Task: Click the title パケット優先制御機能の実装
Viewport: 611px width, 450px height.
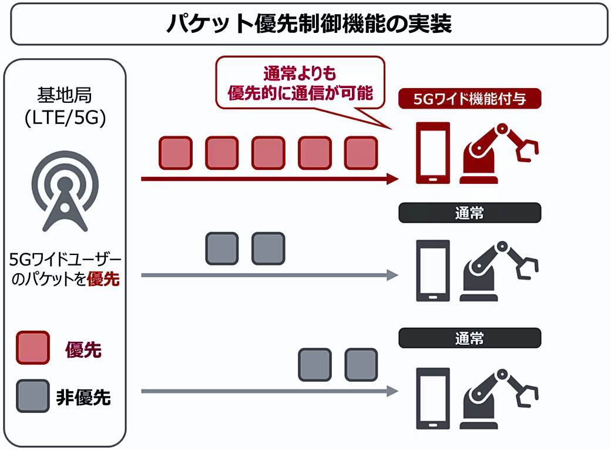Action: (x=309, y=23)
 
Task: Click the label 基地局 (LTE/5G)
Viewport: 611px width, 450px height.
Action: (x=65, y=106)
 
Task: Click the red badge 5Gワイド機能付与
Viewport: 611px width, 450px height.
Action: (x=469, y=99)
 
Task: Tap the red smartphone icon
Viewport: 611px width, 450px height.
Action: (x=433, y=153)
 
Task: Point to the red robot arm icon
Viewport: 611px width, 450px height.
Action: (x=499, y=153)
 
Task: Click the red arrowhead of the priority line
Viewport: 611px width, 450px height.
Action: (x=392, y=179)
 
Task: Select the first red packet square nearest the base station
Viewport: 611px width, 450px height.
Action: (x=176, y=153)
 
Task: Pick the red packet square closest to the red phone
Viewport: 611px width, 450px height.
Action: (x=361, y=153)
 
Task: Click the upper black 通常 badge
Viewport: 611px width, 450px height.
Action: (x=469, y=213)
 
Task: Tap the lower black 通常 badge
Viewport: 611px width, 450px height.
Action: (x=469, y=338)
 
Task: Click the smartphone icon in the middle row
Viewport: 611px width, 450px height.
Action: (x=433, y=270)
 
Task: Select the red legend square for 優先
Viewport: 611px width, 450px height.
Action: (x=33, y=348)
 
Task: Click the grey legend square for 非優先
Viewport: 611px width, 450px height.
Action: (x=33, y=396)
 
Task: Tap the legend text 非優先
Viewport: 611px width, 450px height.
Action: (x=83, y=397)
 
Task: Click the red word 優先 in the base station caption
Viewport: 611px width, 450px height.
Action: (x=103, y=279)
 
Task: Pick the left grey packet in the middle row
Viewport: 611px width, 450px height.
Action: (x=221, y=248)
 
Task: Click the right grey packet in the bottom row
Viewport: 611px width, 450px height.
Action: (x=361, y=365)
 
